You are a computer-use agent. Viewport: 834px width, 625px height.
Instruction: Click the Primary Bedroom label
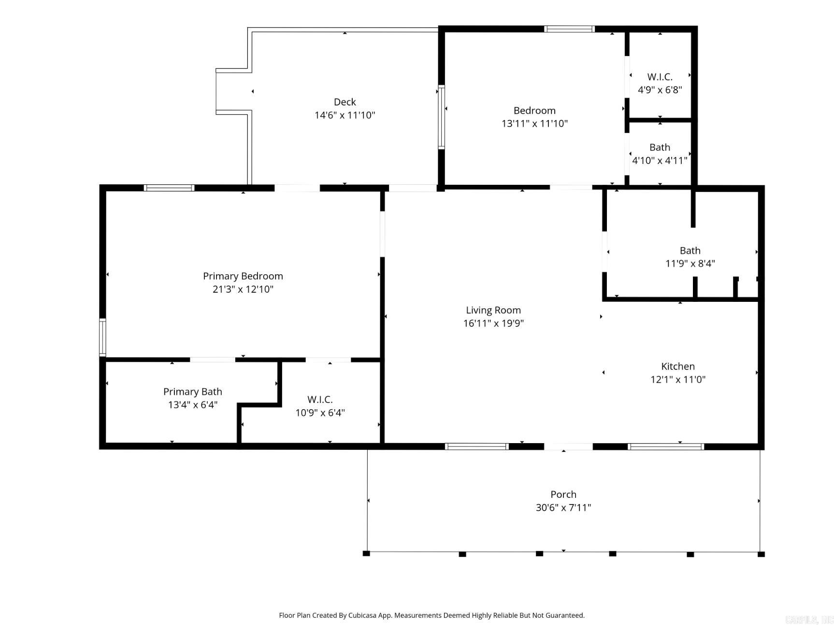pyautogui.click(x=243, y=276)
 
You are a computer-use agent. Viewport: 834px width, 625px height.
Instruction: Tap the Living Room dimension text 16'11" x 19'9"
pyautogui.click(x=493, y=323)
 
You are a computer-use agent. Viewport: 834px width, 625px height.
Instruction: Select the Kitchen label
pyautogui.click(x=678, y=366)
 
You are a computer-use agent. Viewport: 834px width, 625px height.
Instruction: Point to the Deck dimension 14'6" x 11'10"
pyautogui.click(x=345, y=115)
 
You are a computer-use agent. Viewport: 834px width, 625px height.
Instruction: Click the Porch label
pyautogui.click(x=563, y=494)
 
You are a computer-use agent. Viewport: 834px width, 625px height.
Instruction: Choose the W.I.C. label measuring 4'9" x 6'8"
pyautogui.click(x=660, y=77)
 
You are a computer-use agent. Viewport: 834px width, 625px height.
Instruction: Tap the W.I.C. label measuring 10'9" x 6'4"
pyautogui.click(x=320, y=400)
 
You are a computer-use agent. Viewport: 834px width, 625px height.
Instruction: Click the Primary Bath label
pyautogui.click(x=192, y=392)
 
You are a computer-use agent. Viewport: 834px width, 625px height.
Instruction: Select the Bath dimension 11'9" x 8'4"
pyautogui.click(x=690, y=264)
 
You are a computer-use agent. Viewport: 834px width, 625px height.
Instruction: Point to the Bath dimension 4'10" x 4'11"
pyautogui.click(x=660, y=161)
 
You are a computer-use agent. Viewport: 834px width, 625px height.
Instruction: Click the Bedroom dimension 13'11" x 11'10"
pyautogui.click(x=534, y=123)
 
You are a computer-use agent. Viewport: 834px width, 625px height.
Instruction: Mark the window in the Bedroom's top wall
pyautogui.click(x=569, y=29)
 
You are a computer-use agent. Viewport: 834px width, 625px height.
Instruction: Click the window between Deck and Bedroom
pyautogui.click(x=441, y=117)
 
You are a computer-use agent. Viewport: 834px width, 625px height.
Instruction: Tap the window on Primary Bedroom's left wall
pyautogui.click(x=102, y=337)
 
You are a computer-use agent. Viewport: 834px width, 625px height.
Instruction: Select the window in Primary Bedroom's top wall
pyautogui.click(x=169, y=188)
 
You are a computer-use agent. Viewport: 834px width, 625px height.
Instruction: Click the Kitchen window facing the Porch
pyautogui.click(x=665, y=446)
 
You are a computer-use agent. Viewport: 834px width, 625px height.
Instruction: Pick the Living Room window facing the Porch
pyautogui.click(x=476, y=446)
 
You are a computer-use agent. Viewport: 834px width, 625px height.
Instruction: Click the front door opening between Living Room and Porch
pyautogui.click(x=568, y=446)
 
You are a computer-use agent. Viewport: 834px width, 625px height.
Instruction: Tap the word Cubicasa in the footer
pyautogui.click(x=364, y=615)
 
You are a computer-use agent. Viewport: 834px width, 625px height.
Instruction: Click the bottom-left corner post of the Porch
pyautogui.click(x=366, y=553)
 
